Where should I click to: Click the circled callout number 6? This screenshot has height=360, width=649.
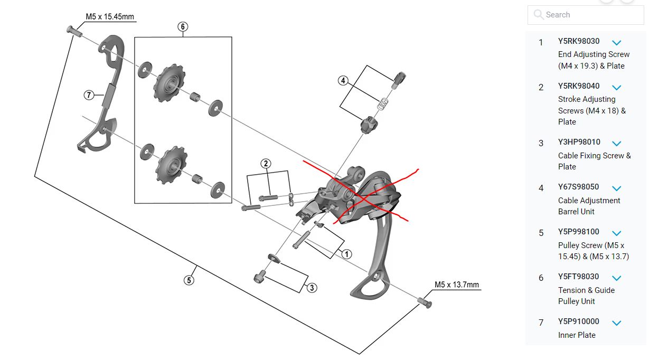pos(183,26)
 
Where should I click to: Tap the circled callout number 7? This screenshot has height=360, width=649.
pos(89,96)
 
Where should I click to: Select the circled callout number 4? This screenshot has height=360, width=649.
pos(343,81)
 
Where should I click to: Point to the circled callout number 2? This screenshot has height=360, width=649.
pos(266,164)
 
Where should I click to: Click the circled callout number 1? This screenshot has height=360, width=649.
pos(346,254)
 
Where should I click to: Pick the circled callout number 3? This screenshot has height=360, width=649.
pos(312,288)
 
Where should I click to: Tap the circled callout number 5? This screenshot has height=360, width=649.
pos(189,280)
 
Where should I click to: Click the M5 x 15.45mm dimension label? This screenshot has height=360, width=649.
pos(110,17)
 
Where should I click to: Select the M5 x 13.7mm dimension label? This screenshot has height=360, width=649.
pos(457,285)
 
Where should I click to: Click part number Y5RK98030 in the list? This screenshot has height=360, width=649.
pos(579,41)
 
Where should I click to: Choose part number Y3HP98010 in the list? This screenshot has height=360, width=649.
pos(579,143)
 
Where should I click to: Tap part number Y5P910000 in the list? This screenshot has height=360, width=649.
pos(579,321)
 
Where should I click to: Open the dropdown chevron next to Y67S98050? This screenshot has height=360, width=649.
pos(616,188)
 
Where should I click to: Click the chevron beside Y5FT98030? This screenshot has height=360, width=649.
pos(616,278)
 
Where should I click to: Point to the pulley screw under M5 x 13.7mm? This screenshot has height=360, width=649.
pos(424,302)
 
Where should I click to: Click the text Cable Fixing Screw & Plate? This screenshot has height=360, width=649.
pos(594,161)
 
